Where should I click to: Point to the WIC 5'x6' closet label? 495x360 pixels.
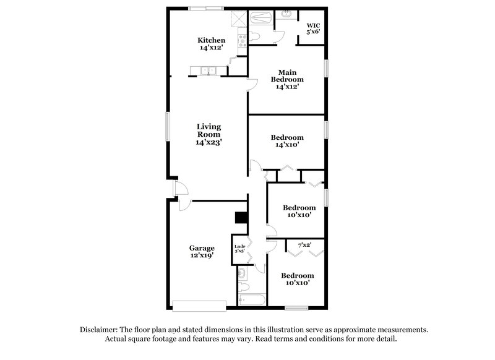[x=312, y=28]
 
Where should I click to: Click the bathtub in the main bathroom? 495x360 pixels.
[x=259, y=18]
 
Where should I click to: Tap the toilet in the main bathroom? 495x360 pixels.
[x=259, y=37]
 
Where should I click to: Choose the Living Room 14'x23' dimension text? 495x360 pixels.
[x=209, y=142]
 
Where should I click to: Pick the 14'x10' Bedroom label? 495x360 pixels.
[x=287, y=141]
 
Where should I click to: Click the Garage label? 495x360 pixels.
[x=202, y=252]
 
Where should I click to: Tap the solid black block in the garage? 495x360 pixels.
[x=241, y=218]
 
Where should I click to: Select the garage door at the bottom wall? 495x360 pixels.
[x=199, y=305]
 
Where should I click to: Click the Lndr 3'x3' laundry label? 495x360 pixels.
[x=239, y=249]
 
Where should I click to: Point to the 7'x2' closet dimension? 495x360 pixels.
[x=304, y=245]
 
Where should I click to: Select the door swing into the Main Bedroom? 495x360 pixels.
[x=252, y=85]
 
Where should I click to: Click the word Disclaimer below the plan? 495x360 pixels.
[x=101, y=330]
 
